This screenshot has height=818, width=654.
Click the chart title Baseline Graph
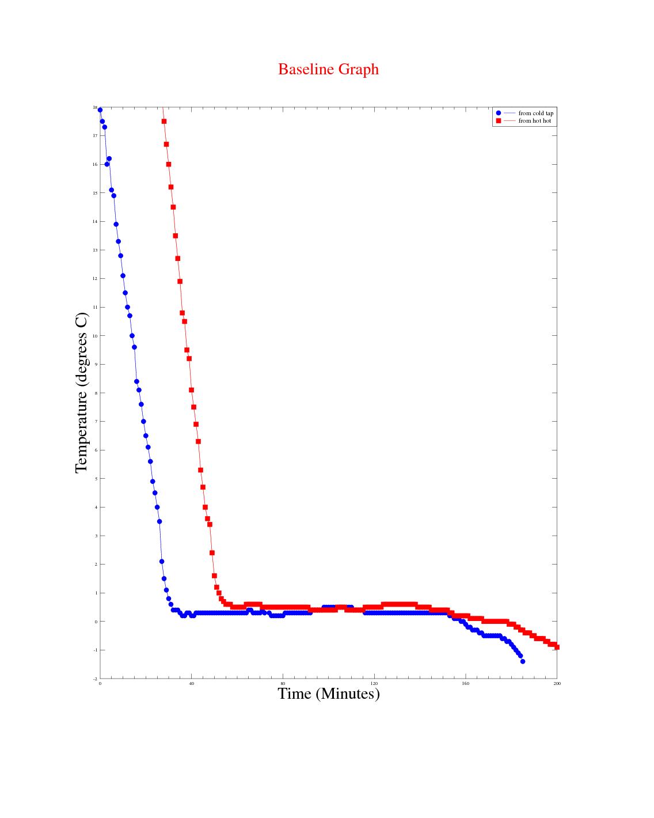[328, 69]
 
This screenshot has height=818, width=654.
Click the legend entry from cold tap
[535, 113]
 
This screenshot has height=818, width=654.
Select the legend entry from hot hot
[534, 121]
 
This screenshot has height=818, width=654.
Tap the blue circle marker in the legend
[499, 113]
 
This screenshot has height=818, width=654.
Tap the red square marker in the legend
[499, 121]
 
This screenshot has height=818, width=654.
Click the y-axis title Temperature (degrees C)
[82, 393]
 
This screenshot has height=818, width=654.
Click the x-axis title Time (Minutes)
[328, 694]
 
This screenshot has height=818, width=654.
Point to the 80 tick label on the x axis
[283, 684]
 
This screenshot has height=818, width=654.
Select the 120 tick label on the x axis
[374, 684]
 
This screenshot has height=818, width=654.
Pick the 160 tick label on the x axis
[465, 684]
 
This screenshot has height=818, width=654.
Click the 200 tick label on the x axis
[557, 684]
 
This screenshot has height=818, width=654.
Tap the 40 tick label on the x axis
[191, 684]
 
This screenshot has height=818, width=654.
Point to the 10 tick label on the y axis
[95, 336]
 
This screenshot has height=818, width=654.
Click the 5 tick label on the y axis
[96, 479]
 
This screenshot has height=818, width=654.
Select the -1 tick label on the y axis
[95, 650]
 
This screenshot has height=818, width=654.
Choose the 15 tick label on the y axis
[95, 193]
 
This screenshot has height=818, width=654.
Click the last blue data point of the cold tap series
[523, 661]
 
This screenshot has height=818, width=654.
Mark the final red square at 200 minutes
[557, 647]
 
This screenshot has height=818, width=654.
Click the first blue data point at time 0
[100, 110]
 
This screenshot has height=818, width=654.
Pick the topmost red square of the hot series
[164, 122]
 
